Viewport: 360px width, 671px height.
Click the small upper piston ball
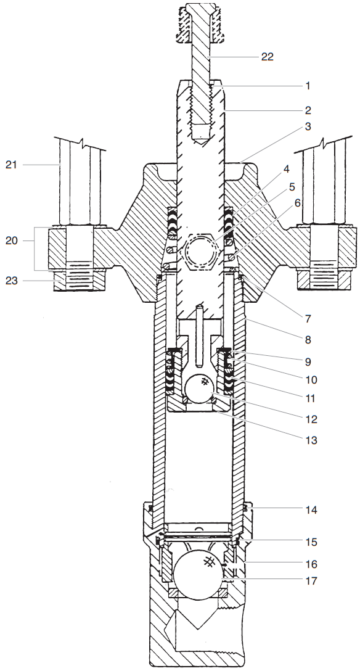click(199, 390)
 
